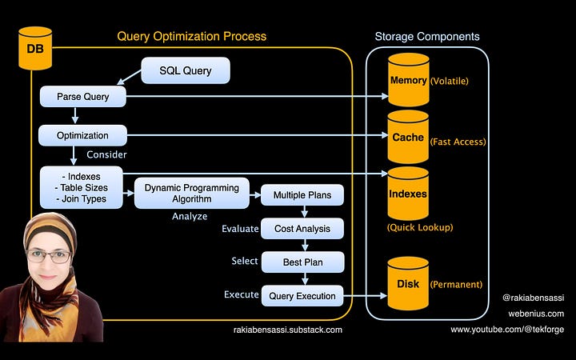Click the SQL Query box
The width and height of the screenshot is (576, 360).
click(x=186, y=70)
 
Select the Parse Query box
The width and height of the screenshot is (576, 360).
click(x=83, y=97)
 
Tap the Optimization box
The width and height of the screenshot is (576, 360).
click(x=82, y=135)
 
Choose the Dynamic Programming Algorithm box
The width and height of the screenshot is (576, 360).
click(x=192, y=194)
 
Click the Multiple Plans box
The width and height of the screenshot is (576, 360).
click(x=302, y=195)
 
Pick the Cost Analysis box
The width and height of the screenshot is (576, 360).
click(x=302, y=229)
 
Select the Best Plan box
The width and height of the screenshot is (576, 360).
click(x=302, y=262)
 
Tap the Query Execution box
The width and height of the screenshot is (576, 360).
click(x=302, y=296)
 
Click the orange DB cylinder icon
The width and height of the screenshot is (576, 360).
click(x=35, y=48)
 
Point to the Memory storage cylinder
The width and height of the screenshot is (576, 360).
click(x=409, y=80)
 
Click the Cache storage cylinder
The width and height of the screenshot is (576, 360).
click(x=408, y=137)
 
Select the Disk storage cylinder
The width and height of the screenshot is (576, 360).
click(x=408, y=283)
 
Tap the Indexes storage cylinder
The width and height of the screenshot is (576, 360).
click(x=408, y=194)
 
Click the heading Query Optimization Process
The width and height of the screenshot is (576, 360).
click(x=192, y=36)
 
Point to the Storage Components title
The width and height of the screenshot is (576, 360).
click(x=427, y=36)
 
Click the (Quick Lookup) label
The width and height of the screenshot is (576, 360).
click(x=420, y=227)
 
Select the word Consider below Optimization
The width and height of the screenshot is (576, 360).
click(x=106, y=154)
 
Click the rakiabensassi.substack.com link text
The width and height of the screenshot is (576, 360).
click(x=288, y=330)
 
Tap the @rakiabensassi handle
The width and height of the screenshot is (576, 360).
click(x=534, y=298)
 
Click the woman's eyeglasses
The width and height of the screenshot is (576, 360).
click(x=49, y=256)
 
